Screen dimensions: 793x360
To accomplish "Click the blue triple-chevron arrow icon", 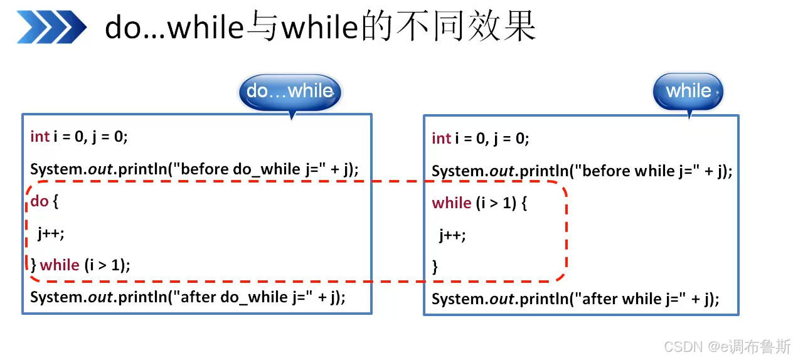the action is tap(51, 27).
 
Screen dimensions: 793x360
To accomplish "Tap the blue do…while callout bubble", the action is tap(290, 92).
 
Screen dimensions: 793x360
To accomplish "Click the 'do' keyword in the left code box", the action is tap(40, 201).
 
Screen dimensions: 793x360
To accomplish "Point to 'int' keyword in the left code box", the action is tap(40, 137).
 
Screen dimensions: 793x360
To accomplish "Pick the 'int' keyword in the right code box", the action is tap(442, 139).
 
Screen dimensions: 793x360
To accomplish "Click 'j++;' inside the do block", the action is tap(51, 234).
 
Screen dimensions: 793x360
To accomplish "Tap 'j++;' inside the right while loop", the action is tap(452, 235).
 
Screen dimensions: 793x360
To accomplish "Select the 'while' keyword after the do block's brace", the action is tap(60, 265).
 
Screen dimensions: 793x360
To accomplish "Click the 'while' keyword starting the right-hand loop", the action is tap(452, 203).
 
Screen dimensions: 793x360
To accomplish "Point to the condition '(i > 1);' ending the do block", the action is tap(107, 265).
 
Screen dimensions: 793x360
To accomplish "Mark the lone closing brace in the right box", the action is tap(435, 267).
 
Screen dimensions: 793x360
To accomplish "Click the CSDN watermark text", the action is tap(727, 347).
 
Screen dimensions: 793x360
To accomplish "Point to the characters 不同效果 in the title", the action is tap(467, 26).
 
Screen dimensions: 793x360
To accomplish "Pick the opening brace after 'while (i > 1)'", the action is tap(524, 204).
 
